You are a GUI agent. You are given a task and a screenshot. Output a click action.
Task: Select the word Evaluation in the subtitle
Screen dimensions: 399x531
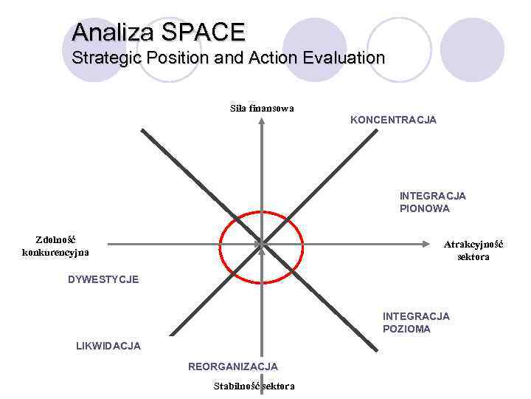point(344,58)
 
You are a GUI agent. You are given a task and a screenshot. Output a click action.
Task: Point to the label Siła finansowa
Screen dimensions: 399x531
point(262,108)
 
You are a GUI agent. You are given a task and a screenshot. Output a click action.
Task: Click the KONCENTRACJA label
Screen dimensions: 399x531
point(393,120)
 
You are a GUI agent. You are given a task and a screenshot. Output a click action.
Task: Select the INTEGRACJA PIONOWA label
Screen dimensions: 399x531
point(432,202)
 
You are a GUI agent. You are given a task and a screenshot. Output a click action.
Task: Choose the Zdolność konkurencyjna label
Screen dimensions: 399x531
point(55,246)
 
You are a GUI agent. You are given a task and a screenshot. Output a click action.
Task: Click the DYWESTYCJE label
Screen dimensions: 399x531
point(103,279)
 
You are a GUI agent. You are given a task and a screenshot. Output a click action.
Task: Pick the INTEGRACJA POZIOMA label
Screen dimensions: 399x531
point(416,322)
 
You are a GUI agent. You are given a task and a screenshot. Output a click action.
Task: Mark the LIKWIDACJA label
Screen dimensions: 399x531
point(108,346)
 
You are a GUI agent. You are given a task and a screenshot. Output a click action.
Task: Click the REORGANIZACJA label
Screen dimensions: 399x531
point(233,366)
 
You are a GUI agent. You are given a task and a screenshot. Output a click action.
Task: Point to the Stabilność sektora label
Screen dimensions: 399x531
point(254,386)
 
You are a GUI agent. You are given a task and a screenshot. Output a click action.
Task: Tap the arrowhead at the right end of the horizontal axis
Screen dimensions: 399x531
point(428,243)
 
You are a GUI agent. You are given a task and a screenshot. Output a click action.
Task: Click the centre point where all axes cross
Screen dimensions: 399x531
point(261,243)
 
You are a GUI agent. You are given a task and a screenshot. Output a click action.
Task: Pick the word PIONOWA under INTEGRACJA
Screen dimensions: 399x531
point(424,208)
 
